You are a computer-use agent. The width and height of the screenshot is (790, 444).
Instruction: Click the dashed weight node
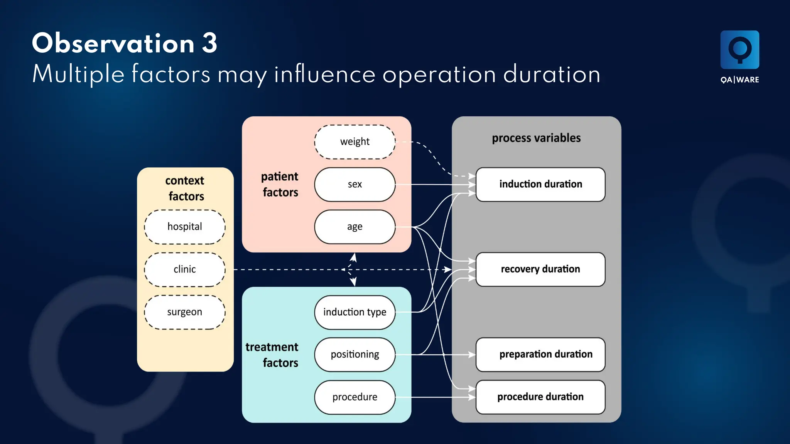[354, 142]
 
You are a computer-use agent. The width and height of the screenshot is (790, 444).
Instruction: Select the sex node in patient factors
[354, 184]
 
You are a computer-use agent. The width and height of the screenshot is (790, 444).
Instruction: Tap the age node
[354, 227]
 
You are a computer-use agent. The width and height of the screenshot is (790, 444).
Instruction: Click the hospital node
[185, 227]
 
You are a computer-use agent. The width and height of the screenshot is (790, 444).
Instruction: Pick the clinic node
[185, 269]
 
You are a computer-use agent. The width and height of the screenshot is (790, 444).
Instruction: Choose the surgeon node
[185, 312]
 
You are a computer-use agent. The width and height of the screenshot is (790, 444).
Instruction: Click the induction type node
[354, 312]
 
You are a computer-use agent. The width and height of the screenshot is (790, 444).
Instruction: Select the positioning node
[354, 354]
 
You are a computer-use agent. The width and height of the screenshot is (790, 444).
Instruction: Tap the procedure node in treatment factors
[354, 397]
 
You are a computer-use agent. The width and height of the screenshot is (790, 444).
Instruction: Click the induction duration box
[540, 184]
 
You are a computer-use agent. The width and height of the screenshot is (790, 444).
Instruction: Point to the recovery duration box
[540, 269]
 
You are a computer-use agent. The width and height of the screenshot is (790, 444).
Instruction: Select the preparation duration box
[540, 354]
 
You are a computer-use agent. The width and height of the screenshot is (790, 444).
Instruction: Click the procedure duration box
[540, 397]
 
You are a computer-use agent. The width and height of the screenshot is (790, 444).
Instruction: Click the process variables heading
[536, 138]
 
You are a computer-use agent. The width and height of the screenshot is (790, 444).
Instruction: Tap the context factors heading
[185, 188]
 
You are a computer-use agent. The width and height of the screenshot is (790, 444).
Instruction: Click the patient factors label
[280, 184]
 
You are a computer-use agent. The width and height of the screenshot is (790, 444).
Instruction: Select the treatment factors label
[272, 355]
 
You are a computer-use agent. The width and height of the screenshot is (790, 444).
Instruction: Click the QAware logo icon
[739, 50]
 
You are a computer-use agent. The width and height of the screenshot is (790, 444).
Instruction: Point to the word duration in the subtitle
[552, 74]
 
